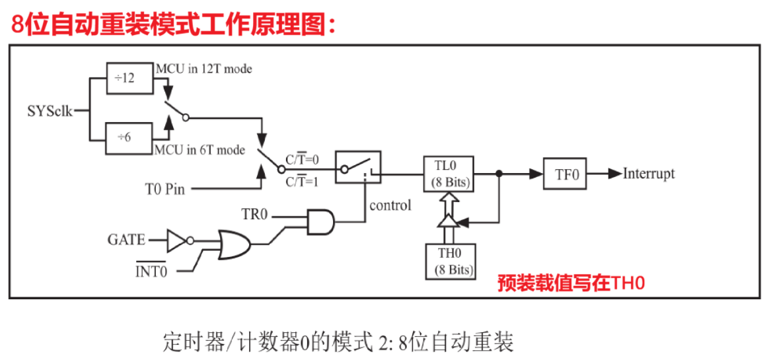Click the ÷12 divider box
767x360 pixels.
coord(129,78)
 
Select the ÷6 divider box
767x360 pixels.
coord(129,138)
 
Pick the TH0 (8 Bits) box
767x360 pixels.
coord(450,262)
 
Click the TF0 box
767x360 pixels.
coord(564,174)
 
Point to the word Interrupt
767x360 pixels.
coord(649,174)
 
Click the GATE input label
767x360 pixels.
coord(127,240)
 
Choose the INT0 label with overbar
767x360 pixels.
coord(151,270)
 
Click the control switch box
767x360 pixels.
coord(358,167)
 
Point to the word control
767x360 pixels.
coord(390,205)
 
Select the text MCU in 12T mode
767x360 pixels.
coord(205,69)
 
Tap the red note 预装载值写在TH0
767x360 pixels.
coord(571,283)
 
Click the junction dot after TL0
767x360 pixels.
coord(499,173)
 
